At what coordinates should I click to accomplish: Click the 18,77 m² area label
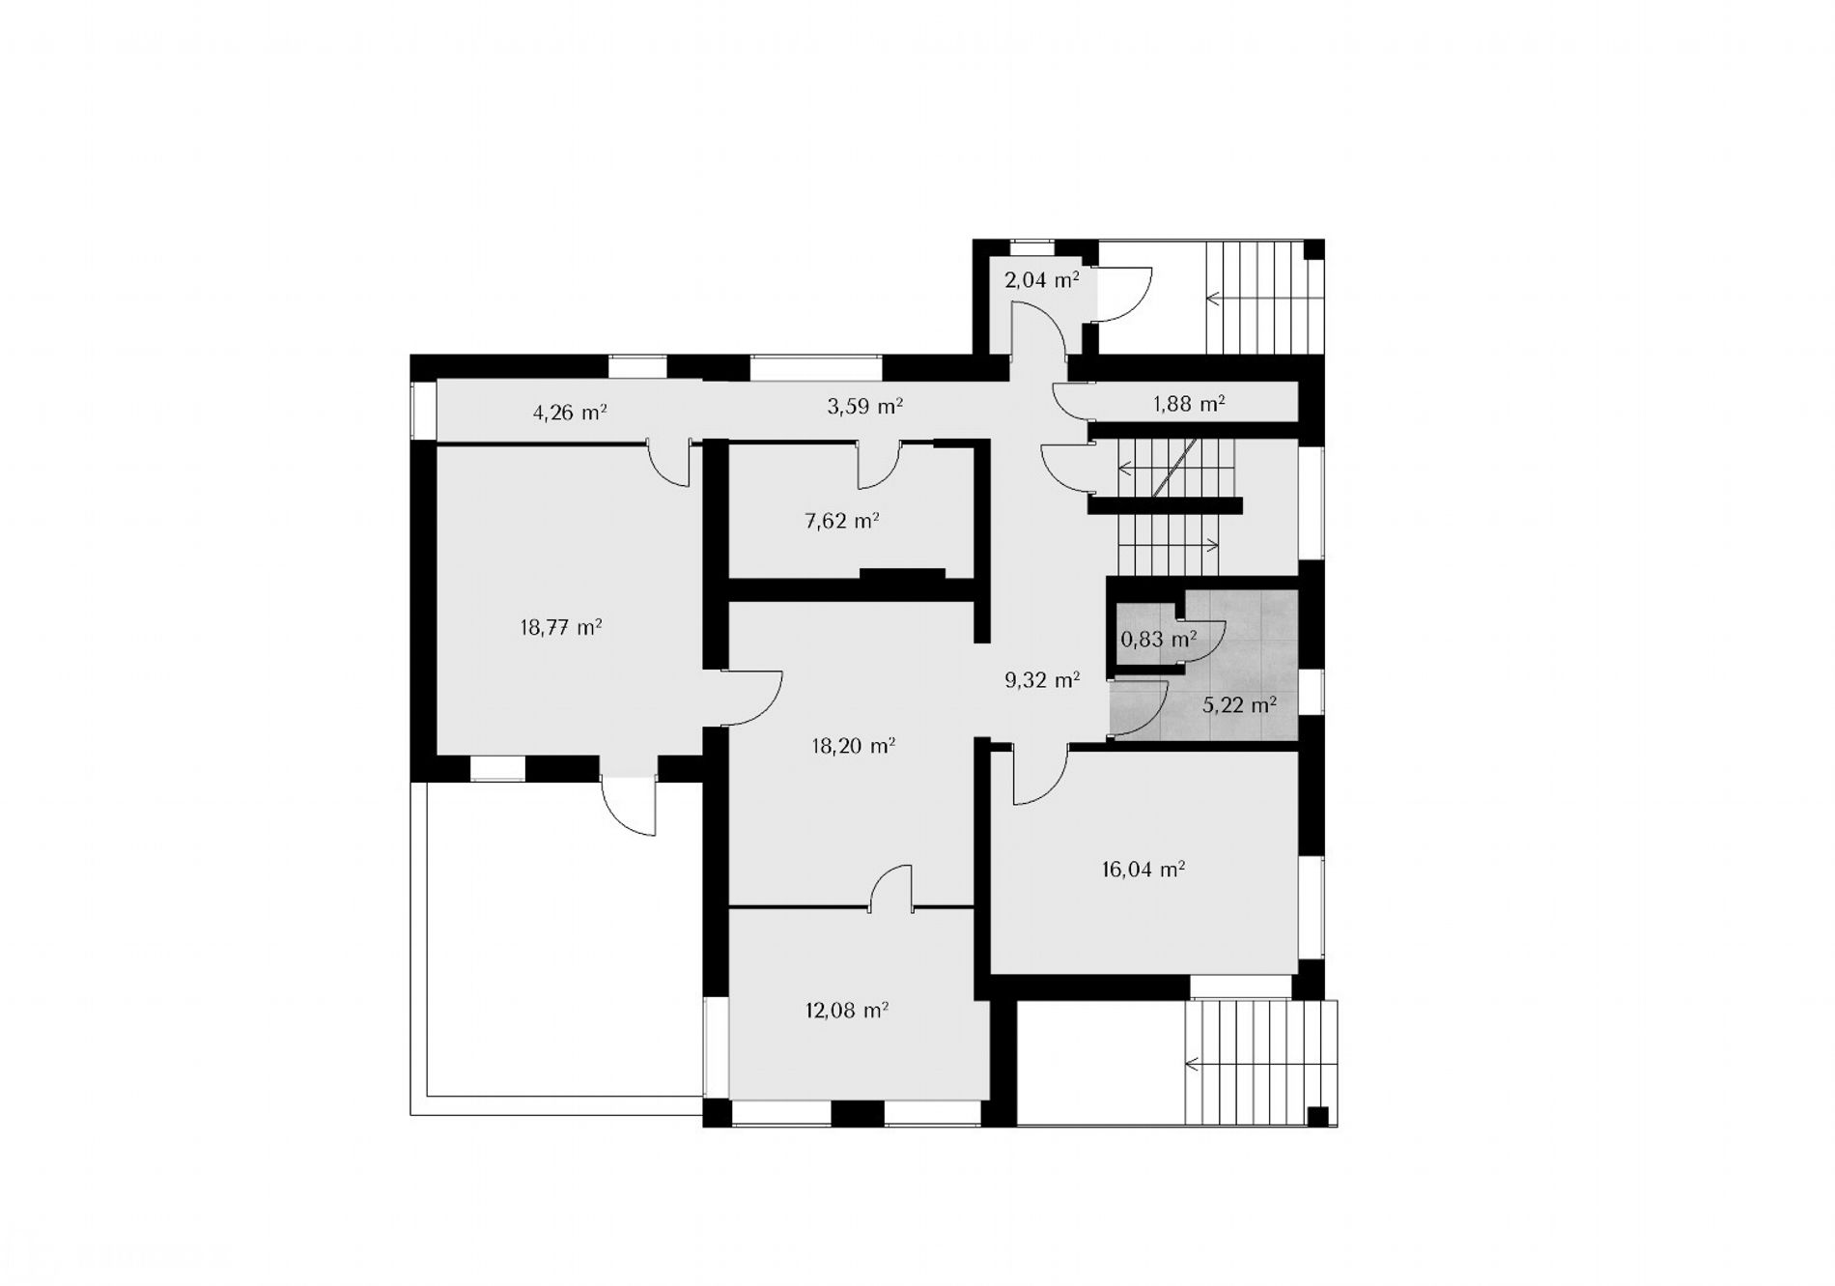click(561, 627)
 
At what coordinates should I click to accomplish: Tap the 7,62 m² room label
click(842, 522)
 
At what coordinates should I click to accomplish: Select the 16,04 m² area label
click(1143, 870)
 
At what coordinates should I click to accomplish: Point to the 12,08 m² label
click(847, 1011)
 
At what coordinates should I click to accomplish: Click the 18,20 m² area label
click(854, 746)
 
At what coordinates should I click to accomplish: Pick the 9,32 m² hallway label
click(1042, 680)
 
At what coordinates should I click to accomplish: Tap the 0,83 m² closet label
click(1159, 639)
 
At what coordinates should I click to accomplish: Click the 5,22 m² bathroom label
click(1240, 704)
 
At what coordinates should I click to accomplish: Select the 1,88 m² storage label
click(1189, 404)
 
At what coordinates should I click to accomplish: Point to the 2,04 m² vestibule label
click(1042, 280)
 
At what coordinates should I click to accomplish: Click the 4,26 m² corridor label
click(570, 414)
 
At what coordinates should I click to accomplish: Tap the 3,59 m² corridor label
click(865, 407)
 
